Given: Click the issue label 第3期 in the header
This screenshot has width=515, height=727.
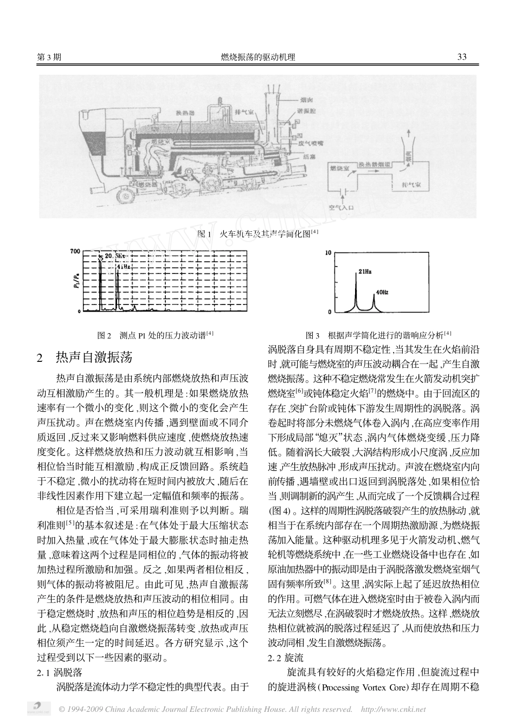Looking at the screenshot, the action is click(48, 57).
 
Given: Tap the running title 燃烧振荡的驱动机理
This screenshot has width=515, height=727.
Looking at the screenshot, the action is click(258, 57).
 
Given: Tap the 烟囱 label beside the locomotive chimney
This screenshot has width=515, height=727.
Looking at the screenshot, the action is click(306, 100).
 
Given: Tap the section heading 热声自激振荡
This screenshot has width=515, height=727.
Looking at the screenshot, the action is click(93, 358).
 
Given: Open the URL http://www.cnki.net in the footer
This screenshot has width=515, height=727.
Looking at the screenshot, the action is click(393, 709).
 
